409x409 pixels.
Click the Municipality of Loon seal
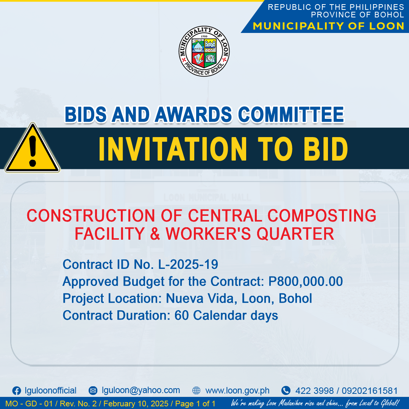[x=204, y=51]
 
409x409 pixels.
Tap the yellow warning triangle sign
[x=32, y=148]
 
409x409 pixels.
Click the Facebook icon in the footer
[x=17, y=391]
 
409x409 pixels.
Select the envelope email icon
[x=93, y=390]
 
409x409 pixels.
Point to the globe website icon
[x=196, y=390]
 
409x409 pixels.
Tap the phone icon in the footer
[x=286, y=390]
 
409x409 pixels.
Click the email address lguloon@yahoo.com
[x=141, y=390]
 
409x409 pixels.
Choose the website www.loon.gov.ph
[x=237, y=391]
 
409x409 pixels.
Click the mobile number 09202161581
[x=370, y=391]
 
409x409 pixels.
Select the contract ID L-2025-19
[x=188, y=264]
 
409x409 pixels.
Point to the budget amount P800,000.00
[x=306, y=281]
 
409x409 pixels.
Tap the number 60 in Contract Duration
[x=181, y=315]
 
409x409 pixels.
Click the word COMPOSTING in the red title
[x=322, y=216]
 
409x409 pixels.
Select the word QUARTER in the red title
[x=295, y=233]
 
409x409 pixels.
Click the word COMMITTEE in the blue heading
[x=291, y=114]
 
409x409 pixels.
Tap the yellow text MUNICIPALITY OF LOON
[x=328, y=26]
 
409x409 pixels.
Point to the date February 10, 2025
[x=136, y=404]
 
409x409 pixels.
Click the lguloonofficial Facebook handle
[x=51, y=391]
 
